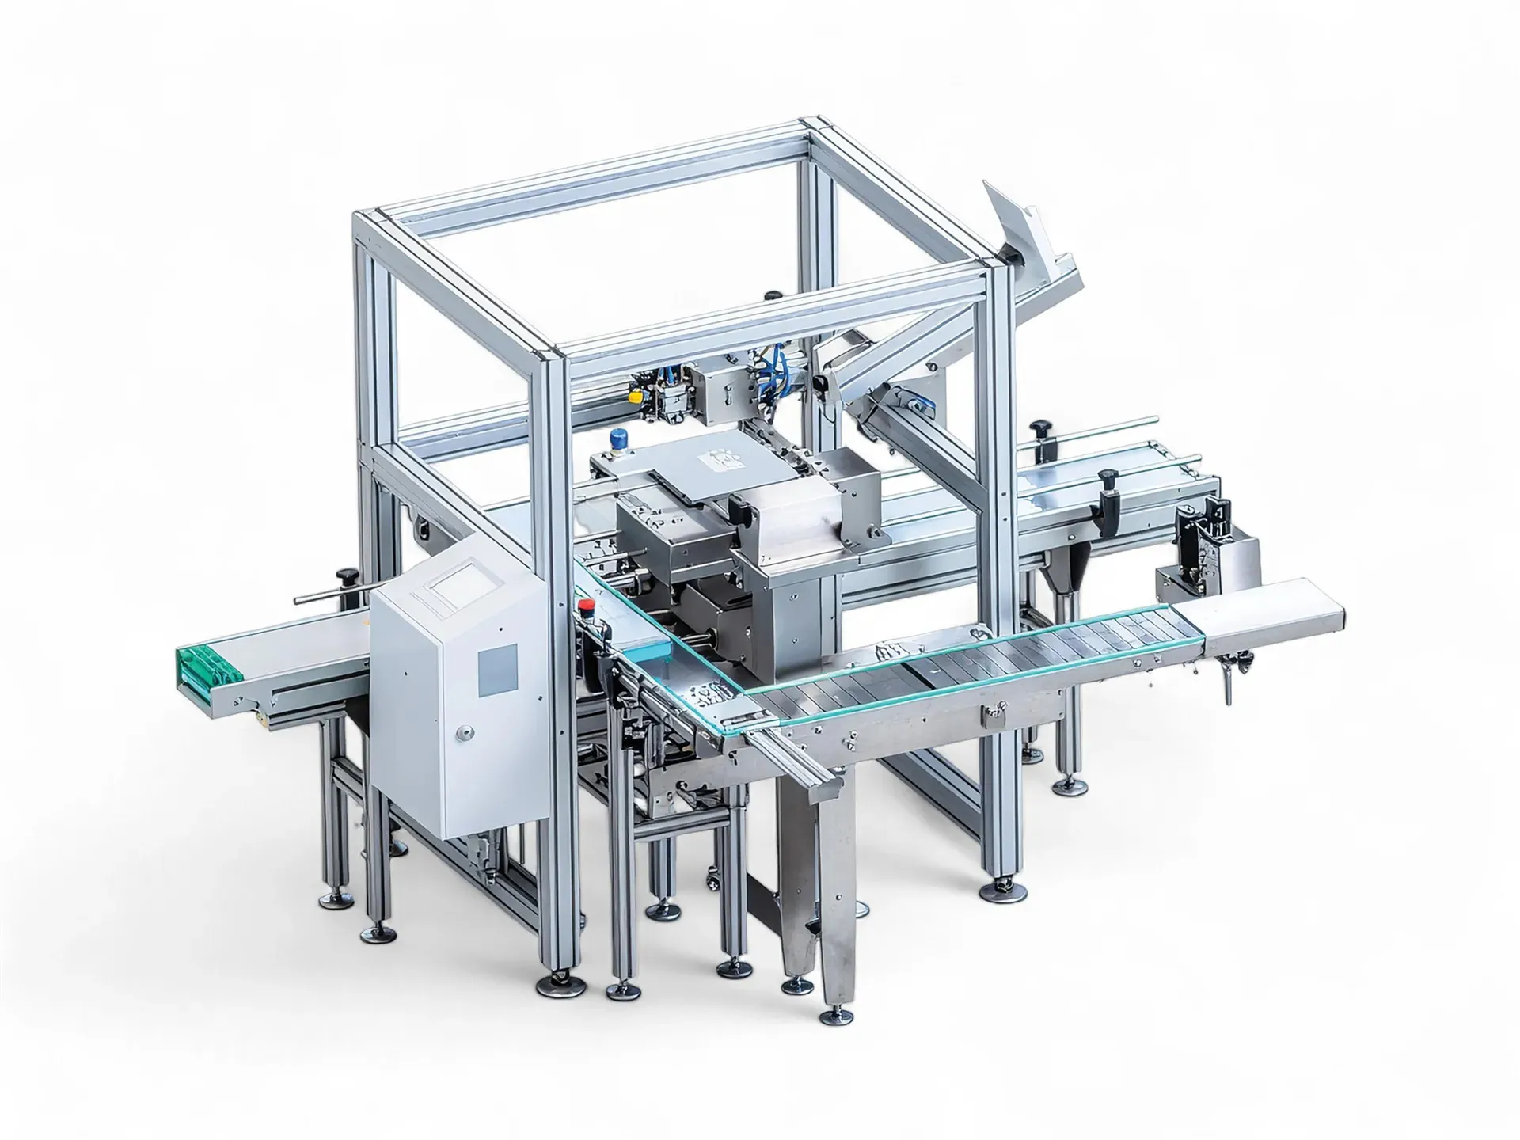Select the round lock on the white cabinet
click(467, 732)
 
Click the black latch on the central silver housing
click(739, 510)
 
